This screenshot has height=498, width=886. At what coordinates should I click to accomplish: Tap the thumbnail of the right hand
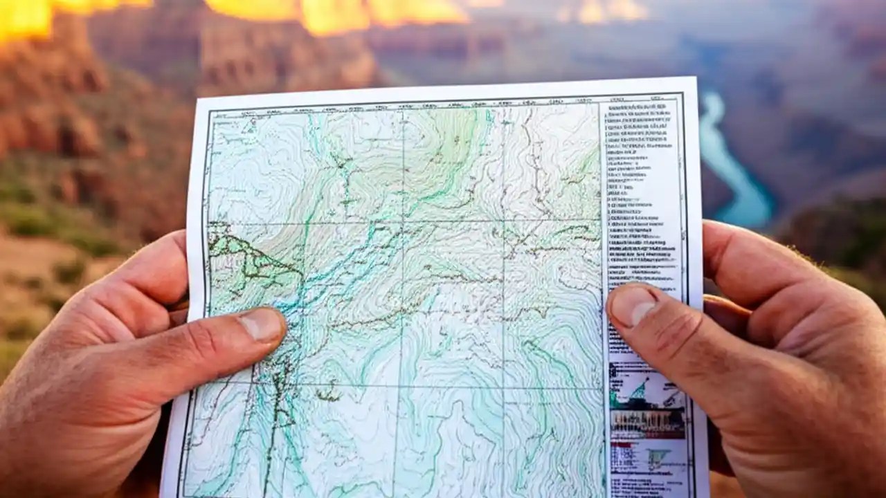point(633,305)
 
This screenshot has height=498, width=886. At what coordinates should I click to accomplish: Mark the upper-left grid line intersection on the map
point(402,223)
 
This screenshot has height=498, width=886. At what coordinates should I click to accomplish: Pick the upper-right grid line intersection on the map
point(503,221)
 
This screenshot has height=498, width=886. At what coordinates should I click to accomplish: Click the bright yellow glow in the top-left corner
point(28,17)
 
